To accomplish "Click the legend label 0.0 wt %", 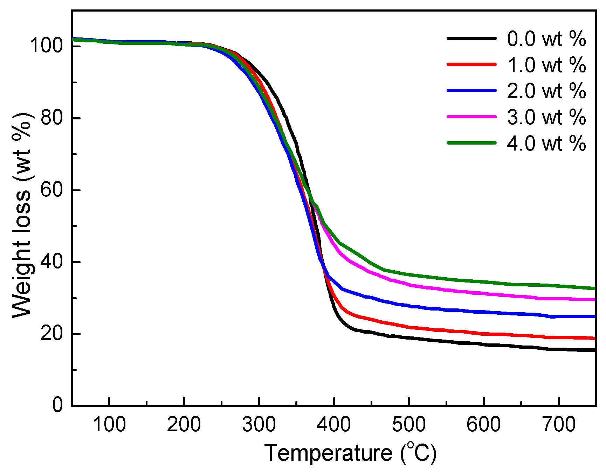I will (x=546, y=39).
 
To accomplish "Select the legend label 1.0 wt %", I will (x=546, y=65).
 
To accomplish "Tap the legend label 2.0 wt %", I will (x=546, y=91).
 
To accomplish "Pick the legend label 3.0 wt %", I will (x=546, y=117).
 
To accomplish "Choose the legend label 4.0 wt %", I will (x=546, y=143).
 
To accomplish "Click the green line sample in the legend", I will (x=471, y=143).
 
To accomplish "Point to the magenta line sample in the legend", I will (x=471, y=117).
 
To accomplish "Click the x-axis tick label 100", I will (x=109, y=425).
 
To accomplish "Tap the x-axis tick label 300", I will (x=259, y=425).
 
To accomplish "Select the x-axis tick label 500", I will (x=409, y=425).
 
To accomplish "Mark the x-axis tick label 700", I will (x=558, y=425).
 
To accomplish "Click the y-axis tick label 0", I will (x=57, y=405).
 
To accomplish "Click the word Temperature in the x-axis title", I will (x=328, y=453).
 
